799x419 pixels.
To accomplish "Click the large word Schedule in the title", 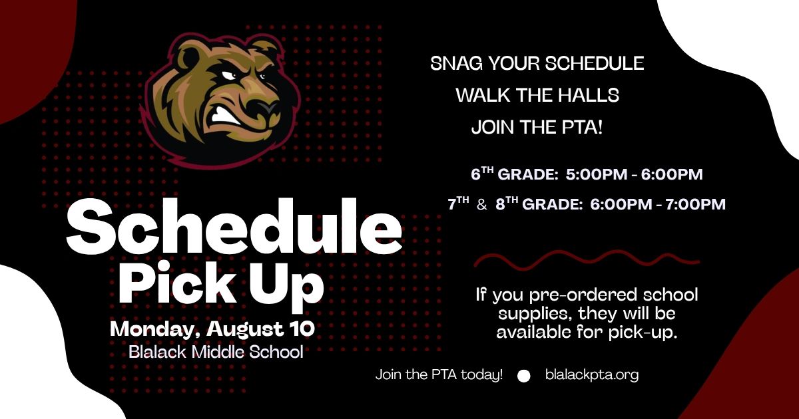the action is [x=234, y=226].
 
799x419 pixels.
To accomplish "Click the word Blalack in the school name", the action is [x=157, y=352].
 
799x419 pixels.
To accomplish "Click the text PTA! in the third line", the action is [x=582, y=127].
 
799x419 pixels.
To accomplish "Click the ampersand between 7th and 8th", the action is [x=482, y=205].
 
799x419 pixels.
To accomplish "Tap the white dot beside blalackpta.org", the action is [x=523, y=376].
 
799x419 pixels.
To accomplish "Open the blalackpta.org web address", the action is [x=592, y=375].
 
